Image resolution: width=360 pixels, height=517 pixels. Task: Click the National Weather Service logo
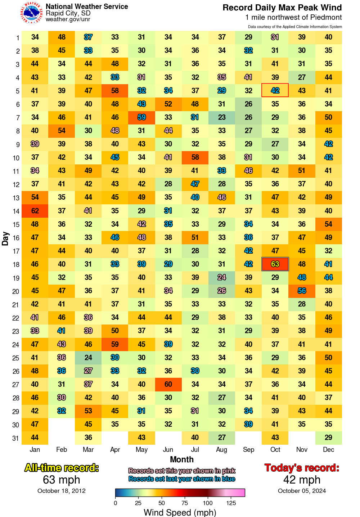point(32,13)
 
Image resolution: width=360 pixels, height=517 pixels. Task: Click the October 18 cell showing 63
point(275,264)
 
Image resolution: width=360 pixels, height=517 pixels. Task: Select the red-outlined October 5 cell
point(275,90)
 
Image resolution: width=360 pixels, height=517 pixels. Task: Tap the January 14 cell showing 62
point(35,211)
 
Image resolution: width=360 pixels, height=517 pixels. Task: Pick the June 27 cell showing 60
point(168,384)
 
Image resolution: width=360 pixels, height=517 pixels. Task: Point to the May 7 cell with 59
point(141,117)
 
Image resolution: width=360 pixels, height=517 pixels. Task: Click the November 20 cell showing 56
point(302,291)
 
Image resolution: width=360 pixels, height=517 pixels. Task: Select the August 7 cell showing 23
point(222,117)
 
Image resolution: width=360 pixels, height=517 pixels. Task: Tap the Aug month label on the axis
point(222,449)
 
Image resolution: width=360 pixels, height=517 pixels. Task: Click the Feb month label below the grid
point(62,449)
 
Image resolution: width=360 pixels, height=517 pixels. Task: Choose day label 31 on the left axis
point(15,438)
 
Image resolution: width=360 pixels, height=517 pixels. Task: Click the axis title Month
point(182,459)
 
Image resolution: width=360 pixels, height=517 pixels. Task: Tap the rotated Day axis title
point(5,239)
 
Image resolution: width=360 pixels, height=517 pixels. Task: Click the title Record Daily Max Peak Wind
point(282,8)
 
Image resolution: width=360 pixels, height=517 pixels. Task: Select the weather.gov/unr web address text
point(68,19)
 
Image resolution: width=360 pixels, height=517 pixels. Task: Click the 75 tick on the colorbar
point(185,503)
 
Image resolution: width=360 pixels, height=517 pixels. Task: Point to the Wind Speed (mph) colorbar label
point(180,512)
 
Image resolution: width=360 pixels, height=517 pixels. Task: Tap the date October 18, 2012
point(62,491)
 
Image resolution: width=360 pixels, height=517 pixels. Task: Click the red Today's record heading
point(302,468)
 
